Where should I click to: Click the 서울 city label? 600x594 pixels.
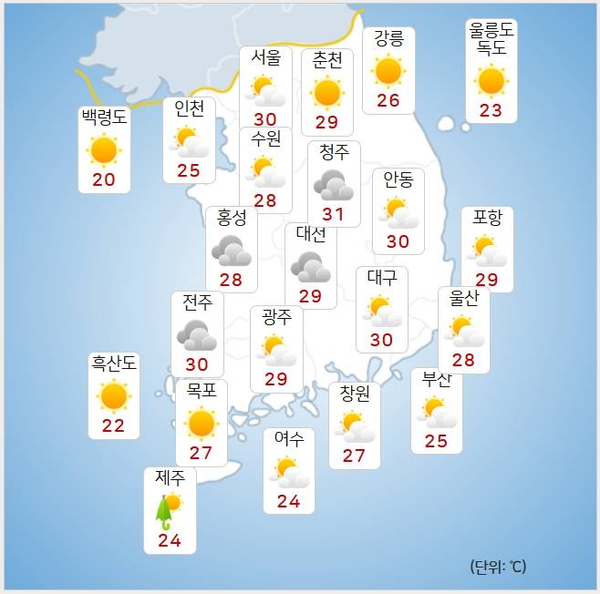pyautogui.click(x=265, y=56)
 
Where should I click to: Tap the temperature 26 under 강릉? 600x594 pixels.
pyautogui.click(x=388, y=100)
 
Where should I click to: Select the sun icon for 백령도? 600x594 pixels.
pyautogui.click(x=104, y=149)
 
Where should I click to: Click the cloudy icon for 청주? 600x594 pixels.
pyautogui.click(x=334, y=186)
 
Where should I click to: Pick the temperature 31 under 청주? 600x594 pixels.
pyautogui.click(x=334, y=215)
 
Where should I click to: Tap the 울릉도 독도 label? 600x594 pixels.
pyautogui.click(x=491, y=40)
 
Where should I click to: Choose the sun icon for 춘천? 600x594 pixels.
pyautogui.click(x=326, y=92)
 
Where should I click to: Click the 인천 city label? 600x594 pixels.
pyautogui.click(x=190, y=109)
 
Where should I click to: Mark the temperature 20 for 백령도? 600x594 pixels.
pyautogui.click(x=104, y=179)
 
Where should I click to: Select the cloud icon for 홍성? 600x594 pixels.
pyautogui.click(x=231, y=250)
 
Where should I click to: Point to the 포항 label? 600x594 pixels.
pyautogui.click(x=487, y=219)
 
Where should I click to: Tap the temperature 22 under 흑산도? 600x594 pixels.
pyautogui.click(x=114, y=425)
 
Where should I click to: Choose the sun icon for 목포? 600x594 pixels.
pyautogui.click(x=201, y=423)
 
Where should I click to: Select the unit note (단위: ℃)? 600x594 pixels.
pyautogui.click(x=499, y=567)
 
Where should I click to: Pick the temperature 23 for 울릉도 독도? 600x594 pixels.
pyautogui.click(x=491, y=110)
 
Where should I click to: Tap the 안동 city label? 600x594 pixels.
pyautogui.click(x=398, y=179)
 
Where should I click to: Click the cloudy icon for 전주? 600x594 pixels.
pyautogui.click(x=197, y=335)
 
